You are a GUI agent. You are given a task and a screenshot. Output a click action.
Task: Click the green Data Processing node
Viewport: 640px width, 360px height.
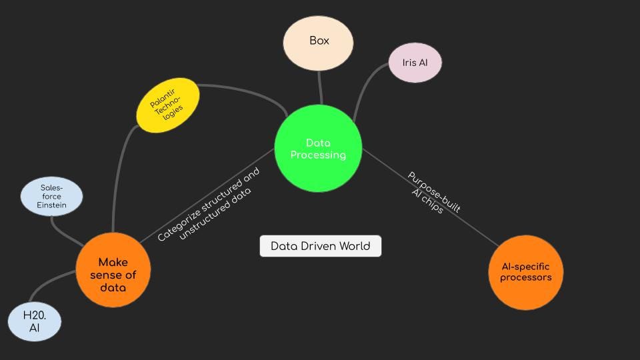click(x=318, y=148)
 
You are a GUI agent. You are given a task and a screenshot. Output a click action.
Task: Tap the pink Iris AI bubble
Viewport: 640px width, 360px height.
click(x=415, y=63)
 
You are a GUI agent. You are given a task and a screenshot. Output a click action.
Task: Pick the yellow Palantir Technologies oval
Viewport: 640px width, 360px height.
click(x=167, y=105)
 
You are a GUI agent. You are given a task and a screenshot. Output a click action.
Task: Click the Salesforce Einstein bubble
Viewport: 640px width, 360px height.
click(x=51, y=197)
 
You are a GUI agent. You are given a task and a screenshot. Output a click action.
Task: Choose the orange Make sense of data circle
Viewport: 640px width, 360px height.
click(x=113, y=270)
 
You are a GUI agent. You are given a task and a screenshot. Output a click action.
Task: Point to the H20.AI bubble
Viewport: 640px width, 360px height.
click(x=34, y=321)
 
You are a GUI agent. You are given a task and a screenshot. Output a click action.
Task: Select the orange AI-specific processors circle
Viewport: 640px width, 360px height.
click(x=525, y=272)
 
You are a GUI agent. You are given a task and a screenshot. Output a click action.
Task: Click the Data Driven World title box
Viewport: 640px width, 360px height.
click(x=320, y=246)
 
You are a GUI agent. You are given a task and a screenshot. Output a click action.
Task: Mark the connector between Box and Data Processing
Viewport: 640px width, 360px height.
click(x=320, y=87)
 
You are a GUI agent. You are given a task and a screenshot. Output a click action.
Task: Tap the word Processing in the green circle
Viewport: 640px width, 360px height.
click(x=318, y=155)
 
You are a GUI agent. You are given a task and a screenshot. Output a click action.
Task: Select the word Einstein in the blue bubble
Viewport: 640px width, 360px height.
click(x=51, y=205)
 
